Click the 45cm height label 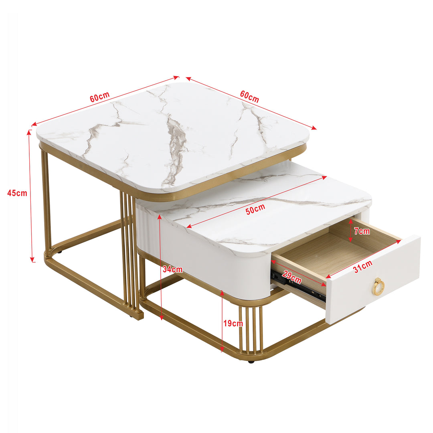(17, 193)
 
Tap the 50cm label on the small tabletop (255, 209)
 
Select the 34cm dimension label (172, 269)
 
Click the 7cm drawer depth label (362, 231)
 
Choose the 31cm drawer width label (362, 267)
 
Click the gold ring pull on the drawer (378, 286)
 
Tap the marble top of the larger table (172, 136)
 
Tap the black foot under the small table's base (251, 362)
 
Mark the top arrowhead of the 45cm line (29, 132)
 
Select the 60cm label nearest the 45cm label (99, 97)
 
